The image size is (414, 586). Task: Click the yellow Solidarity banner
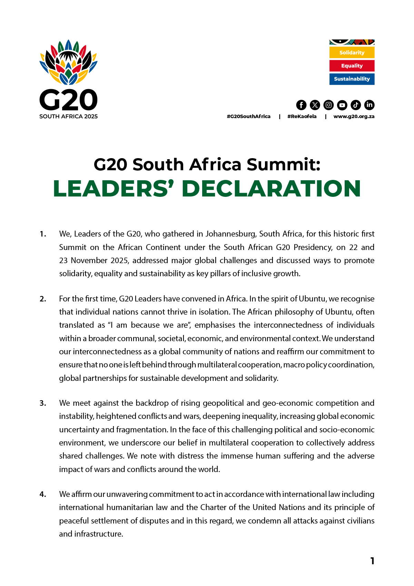[352, 52]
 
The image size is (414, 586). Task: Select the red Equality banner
[352, 66]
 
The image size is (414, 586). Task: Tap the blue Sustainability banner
[352, 79]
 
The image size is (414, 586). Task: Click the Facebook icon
[301, 105]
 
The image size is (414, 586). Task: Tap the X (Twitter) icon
[315, 105]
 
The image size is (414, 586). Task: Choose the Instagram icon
[328, 105]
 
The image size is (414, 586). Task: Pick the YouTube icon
[342, 105]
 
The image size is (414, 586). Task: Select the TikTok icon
[356, 105]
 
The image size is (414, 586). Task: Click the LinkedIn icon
[369, 105]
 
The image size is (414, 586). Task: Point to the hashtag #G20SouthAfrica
[248, 116]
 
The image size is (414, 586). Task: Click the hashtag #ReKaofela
[302, 116]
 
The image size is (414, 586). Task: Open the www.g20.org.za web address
[354, 116]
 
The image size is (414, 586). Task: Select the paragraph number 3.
[43, 403]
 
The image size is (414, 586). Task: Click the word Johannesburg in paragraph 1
[230, 234]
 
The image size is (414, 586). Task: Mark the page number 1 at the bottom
[372, 561]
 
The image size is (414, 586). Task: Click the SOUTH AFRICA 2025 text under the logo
[68, 116]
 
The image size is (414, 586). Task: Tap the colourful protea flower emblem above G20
[68, 62]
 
